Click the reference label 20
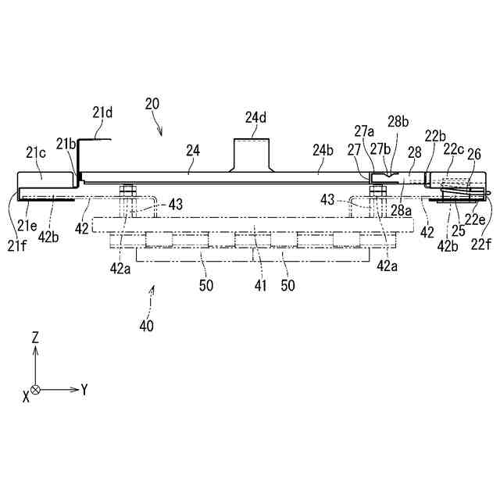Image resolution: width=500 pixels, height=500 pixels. tap(152, 103)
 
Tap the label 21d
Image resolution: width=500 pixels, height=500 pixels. tap(102, 112)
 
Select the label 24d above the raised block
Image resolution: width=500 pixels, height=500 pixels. tap(255, 118)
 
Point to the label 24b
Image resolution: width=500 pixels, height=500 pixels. tap(323, 149)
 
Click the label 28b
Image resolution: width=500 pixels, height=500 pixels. tap(398, 121)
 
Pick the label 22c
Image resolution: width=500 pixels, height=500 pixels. tap(455, 149)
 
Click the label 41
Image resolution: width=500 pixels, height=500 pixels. tap(261, 286)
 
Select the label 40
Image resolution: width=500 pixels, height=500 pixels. tap(146, 324)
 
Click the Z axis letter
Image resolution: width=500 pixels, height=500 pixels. tap(35, 337)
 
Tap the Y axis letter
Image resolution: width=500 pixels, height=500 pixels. tap(84, 389)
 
